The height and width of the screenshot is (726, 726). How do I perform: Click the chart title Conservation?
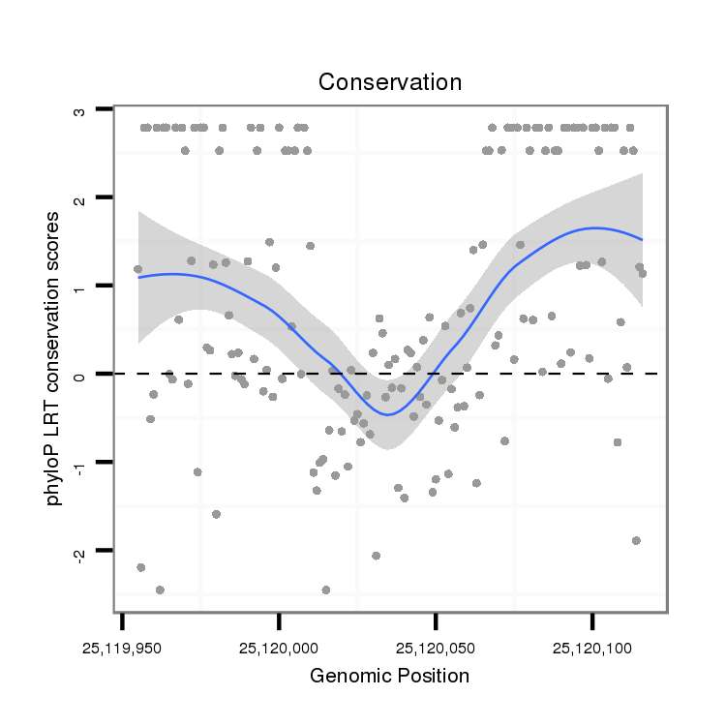click(x=390, y=82)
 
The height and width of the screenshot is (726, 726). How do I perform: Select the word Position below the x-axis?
click(x=432, y=677)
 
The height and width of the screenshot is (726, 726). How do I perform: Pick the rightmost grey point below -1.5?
click(x=636, y=540)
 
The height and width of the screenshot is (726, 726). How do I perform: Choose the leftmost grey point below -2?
click(x=141, y=567)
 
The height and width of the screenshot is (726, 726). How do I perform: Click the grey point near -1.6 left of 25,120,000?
click(x=216, y=514)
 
